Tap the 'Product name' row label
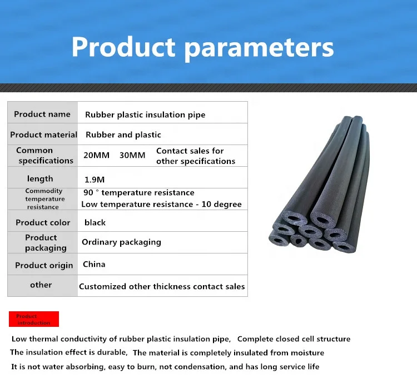point(42,114)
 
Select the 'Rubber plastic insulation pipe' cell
point(145,115)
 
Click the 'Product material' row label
point(44,135)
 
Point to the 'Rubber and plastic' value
point(123,135)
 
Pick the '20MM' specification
point(96,155)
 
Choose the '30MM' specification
point(132,155)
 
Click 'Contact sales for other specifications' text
point(196,156)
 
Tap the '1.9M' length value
point(94,179)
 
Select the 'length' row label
point(40,178)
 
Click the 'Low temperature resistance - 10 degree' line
point(161,204)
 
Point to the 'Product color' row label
point(43,222)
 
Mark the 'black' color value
point(95,222)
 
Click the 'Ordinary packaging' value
point(121,242)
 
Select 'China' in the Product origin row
point(94,264)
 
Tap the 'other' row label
point(41,285)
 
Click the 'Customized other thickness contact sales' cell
point(162,286)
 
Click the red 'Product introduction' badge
point(34,319)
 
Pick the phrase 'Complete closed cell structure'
point(294,339)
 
